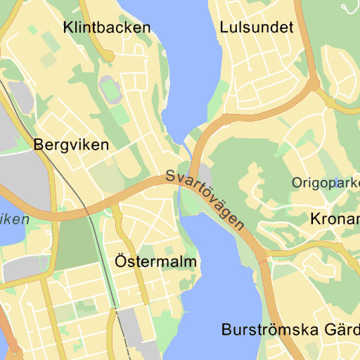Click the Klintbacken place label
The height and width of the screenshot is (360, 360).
pyautogui.click(x=106, y=28)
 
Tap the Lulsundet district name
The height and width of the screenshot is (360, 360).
pyautogui.click(x=256, y=27)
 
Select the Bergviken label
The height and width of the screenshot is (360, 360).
pyautogui.click(x=71, y=145)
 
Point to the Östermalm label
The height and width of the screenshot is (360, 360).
pyautogui.click(x=155, y=262)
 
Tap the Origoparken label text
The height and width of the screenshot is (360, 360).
pyautogui.click(x=326, y=183)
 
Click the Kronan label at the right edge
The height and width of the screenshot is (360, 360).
pyautogui.click(x=334, y=219)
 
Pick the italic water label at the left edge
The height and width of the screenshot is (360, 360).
pyautogui.click(x=14, y=219)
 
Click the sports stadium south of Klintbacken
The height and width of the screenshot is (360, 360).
pyautogui.click(x=110, y=89)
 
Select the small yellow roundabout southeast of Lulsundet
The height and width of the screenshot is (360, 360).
pyautogui.click(x=330, y=102)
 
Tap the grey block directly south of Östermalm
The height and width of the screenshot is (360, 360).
pyautogui.click(x=131, y=321)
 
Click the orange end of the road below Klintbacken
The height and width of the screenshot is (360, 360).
pyautogui.click(x=108, y=55)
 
